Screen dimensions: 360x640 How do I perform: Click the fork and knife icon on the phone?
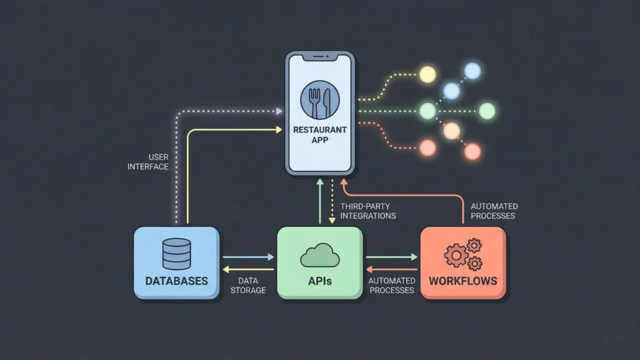pyautogui.click(x=319, y=100)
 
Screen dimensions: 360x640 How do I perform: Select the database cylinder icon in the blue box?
pyautogui.click(x=176, y=254)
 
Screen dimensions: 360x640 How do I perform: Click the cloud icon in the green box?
pyautogui.click(x=319, y=256)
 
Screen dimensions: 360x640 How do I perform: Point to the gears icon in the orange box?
pyautogui.click(x=463, y=254)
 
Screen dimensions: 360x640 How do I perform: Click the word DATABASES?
pyautogui.click(x=176, y=281)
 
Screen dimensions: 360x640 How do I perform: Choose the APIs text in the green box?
pyautogui.click(x=319, y=281)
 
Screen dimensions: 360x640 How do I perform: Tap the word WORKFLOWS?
pyautogui.click(x=463, y=281)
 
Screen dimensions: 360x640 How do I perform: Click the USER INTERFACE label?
pyautogui.click(x=148, y=162)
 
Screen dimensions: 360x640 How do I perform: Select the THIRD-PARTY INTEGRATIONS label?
pyautogui.click(x=368, y=211)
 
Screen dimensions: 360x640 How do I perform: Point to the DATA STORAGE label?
pyautogui.click(x=248, y=286)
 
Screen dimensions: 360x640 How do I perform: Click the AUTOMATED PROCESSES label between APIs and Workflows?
pyautogui.click(x=392, y=286)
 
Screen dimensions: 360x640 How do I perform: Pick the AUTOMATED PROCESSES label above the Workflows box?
pyautogui.click(x=494, y=211)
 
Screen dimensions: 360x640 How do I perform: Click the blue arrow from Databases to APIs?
pyautogui.click(x=248, y=257)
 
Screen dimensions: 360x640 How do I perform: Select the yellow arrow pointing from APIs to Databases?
pyautogui.click(x=248, y=270)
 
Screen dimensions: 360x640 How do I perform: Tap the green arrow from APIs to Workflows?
pyautogui.click(x=391, y=257)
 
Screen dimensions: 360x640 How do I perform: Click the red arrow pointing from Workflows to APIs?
pyautogui.click(x=391, y=270)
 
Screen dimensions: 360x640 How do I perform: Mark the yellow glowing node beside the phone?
pyautogui.click(x=427, y=74)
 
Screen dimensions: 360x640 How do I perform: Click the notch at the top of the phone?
pyautogui.click(x=319, y=57)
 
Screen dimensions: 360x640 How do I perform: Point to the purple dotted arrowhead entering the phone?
pyautogui.click(x=279, y=111)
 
